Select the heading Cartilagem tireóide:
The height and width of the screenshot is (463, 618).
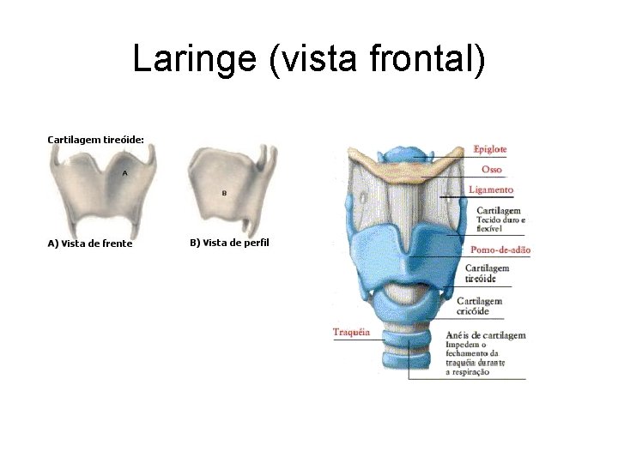tap(95, 138)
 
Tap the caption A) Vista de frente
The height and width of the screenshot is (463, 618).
tap(89, 244)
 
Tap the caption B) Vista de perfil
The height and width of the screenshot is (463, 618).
tap(228, 243)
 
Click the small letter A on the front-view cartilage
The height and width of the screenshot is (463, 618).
tap(125, 172)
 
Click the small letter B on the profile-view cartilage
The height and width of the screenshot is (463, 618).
tap(224, 193)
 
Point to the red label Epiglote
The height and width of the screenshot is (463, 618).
tap(490, 149)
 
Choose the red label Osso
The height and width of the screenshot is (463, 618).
tap(492, 170)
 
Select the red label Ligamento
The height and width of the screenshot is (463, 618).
tap(491, 189)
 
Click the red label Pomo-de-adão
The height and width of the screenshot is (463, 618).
tap(500, 250)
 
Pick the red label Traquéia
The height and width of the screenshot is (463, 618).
tap(351, 332)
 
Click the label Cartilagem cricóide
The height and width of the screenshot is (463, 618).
tap(480, 305)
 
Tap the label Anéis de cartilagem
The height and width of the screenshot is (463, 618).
tap(486, 335)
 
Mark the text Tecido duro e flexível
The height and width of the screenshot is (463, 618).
tap(499, 224)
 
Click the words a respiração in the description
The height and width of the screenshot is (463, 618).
tap(467, 372)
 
